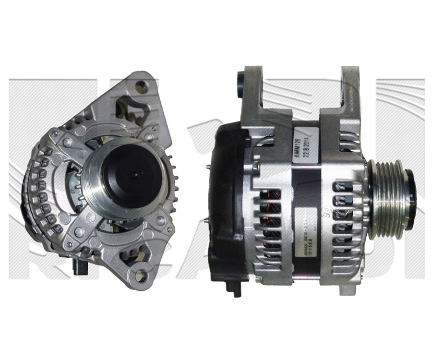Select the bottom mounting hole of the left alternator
tap(140, 275)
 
